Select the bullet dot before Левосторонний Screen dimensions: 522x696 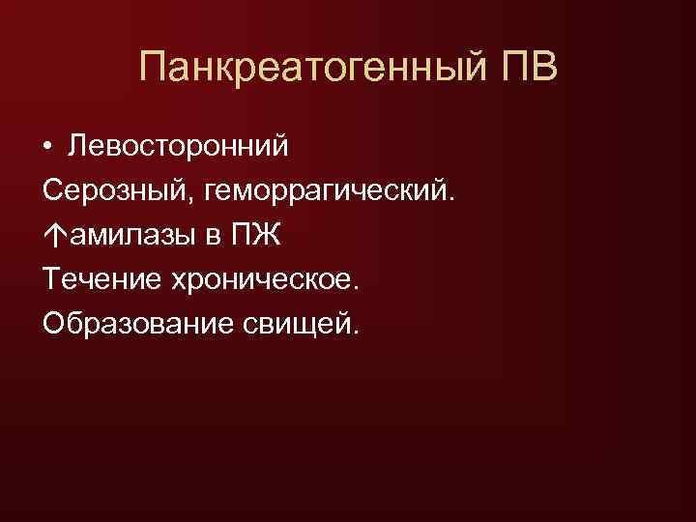click(x=47, y=147)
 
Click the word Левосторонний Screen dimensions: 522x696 click(x=178, y=147)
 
